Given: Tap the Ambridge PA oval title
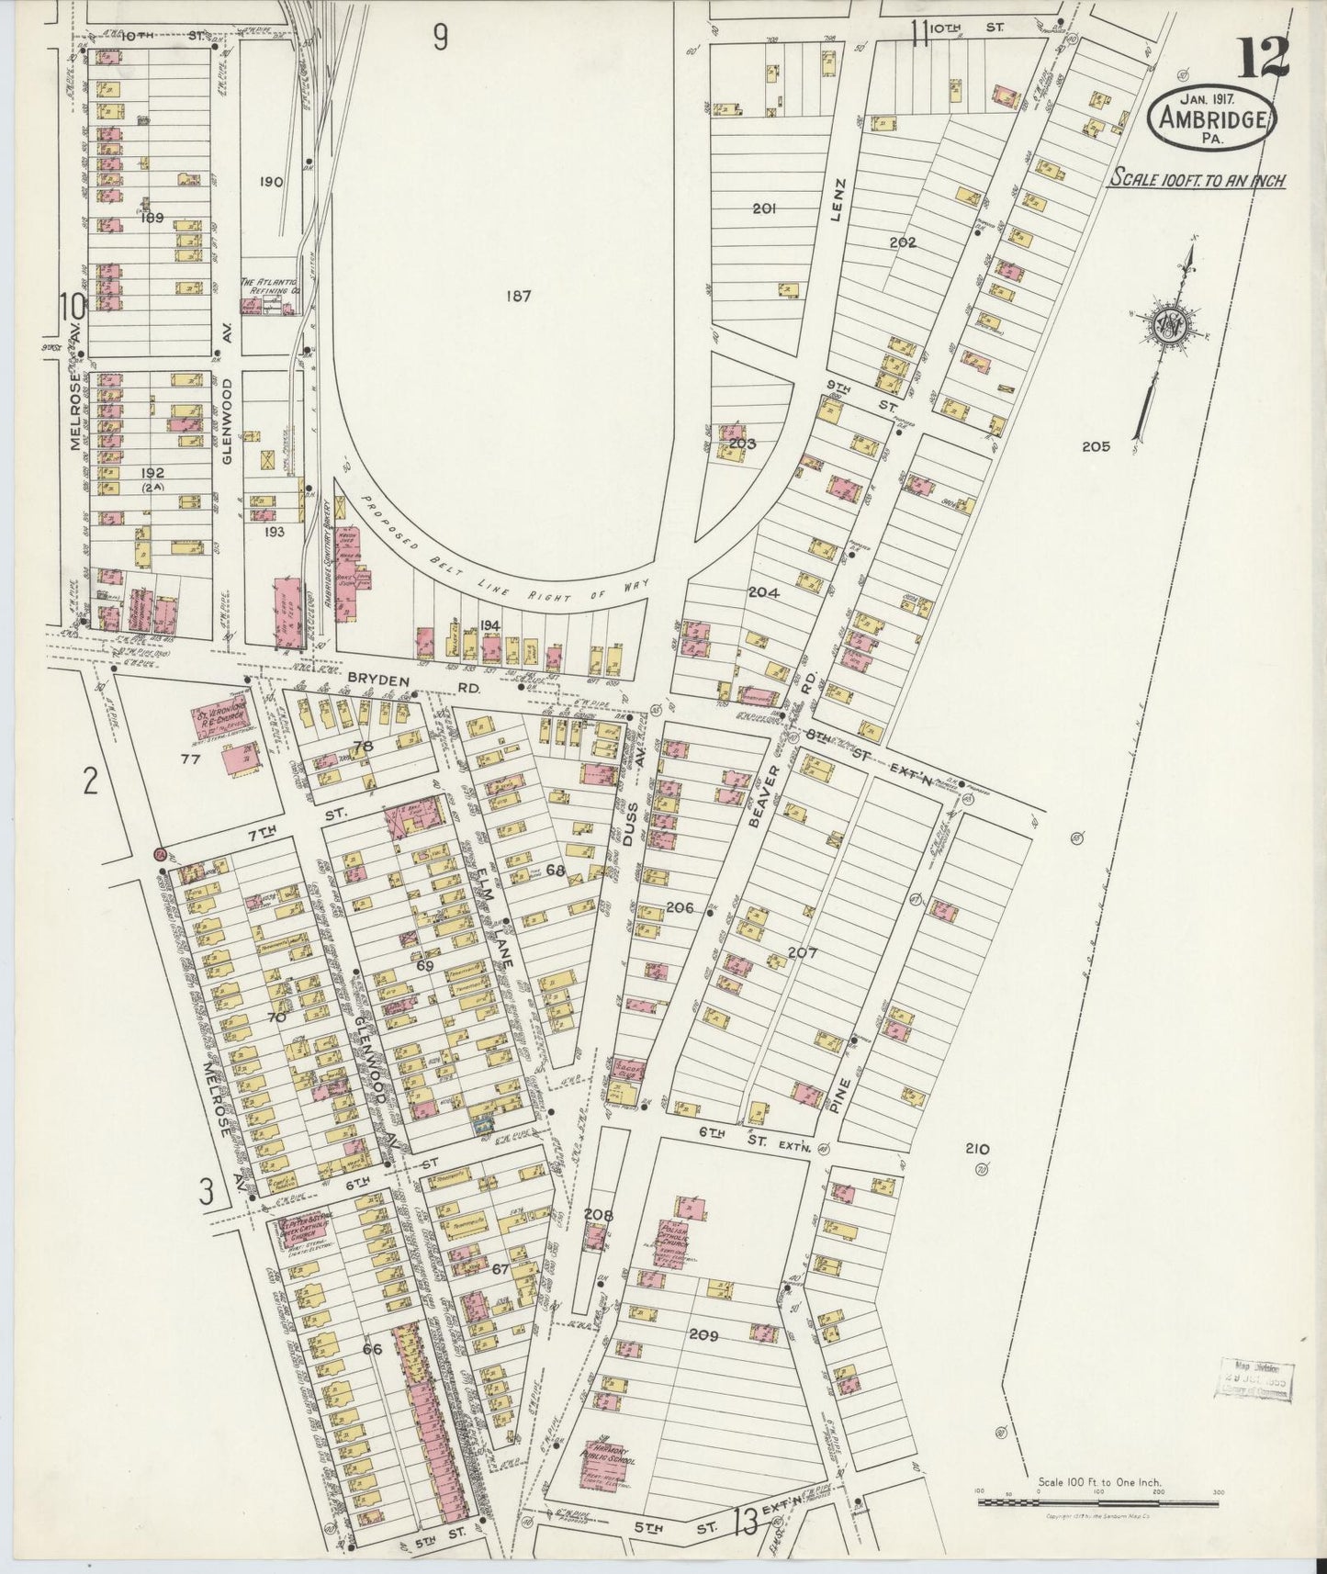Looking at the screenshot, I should tap(1212, 118).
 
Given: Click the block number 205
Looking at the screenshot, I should tap(1096, 447).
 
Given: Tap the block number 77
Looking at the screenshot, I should tap(190, 759).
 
